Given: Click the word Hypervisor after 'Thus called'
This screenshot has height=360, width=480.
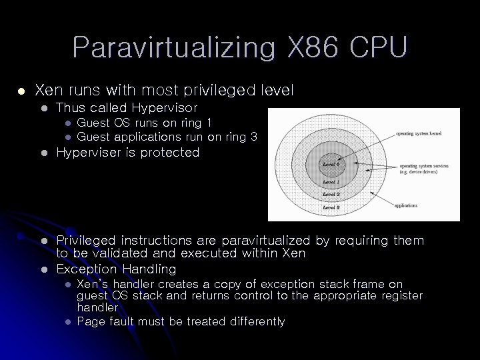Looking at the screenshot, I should (x=165, y=107).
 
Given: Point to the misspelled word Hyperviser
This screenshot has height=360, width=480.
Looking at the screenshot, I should (x=90, y=153).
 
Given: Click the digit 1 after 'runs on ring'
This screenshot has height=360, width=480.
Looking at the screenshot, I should (x=209, y=123).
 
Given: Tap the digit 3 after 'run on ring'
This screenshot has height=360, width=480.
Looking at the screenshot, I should (x=254, y=137).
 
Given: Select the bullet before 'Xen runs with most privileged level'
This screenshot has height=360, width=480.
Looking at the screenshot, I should (x=21, y=89).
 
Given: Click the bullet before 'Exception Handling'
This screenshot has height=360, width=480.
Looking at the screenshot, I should (x=43, y=269).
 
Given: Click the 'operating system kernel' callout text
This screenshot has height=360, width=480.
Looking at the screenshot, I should (x=419, y=133).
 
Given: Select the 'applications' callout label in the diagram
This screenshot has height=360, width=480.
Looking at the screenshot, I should (x=405, y=206).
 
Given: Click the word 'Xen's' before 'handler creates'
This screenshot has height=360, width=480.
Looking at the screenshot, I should (x=93, y=284).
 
